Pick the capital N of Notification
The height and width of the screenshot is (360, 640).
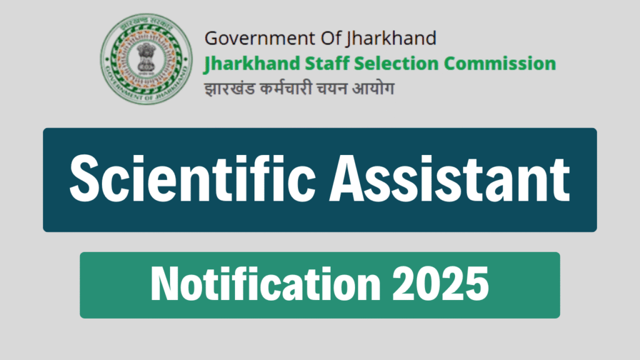coord(164,284)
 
